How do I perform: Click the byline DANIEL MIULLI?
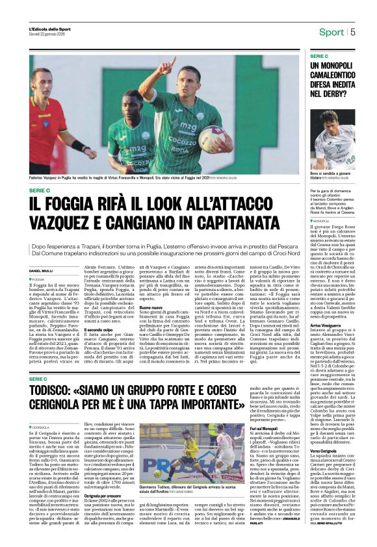pos(42,270)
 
